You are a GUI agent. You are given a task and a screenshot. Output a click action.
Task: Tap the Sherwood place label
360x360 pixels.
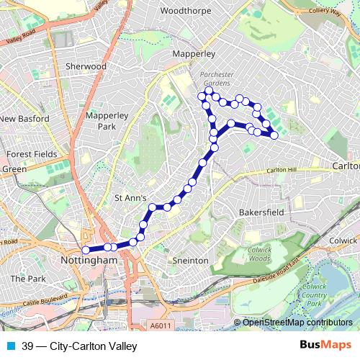86,66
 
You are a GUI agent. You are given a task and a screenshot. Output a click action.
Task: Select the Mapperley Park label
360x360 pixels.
105,120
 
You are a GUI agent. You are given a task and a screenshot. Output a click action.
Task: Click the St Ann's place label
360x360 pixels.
131,197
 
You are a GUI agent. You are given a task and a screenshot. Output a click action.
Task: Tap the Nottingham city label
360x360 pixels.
89,259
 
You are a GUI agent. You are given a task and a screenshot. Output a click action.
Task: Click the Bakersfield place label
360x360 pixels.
263,213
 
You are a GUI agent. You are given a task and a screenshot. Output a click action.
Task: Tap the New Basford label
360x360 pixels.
24,119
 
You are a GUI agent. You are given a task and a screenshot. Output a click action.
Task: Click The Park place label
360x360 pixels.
28,278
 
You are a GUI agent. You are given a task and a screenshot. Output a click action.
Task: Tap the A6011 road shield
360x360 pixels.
161,326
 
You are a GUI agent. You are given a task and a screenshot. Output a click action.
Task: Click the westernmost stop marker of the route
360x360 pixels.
86,250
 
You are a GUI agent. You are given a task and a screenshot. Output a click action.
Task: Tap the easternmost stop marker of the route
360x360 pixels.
274,135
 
